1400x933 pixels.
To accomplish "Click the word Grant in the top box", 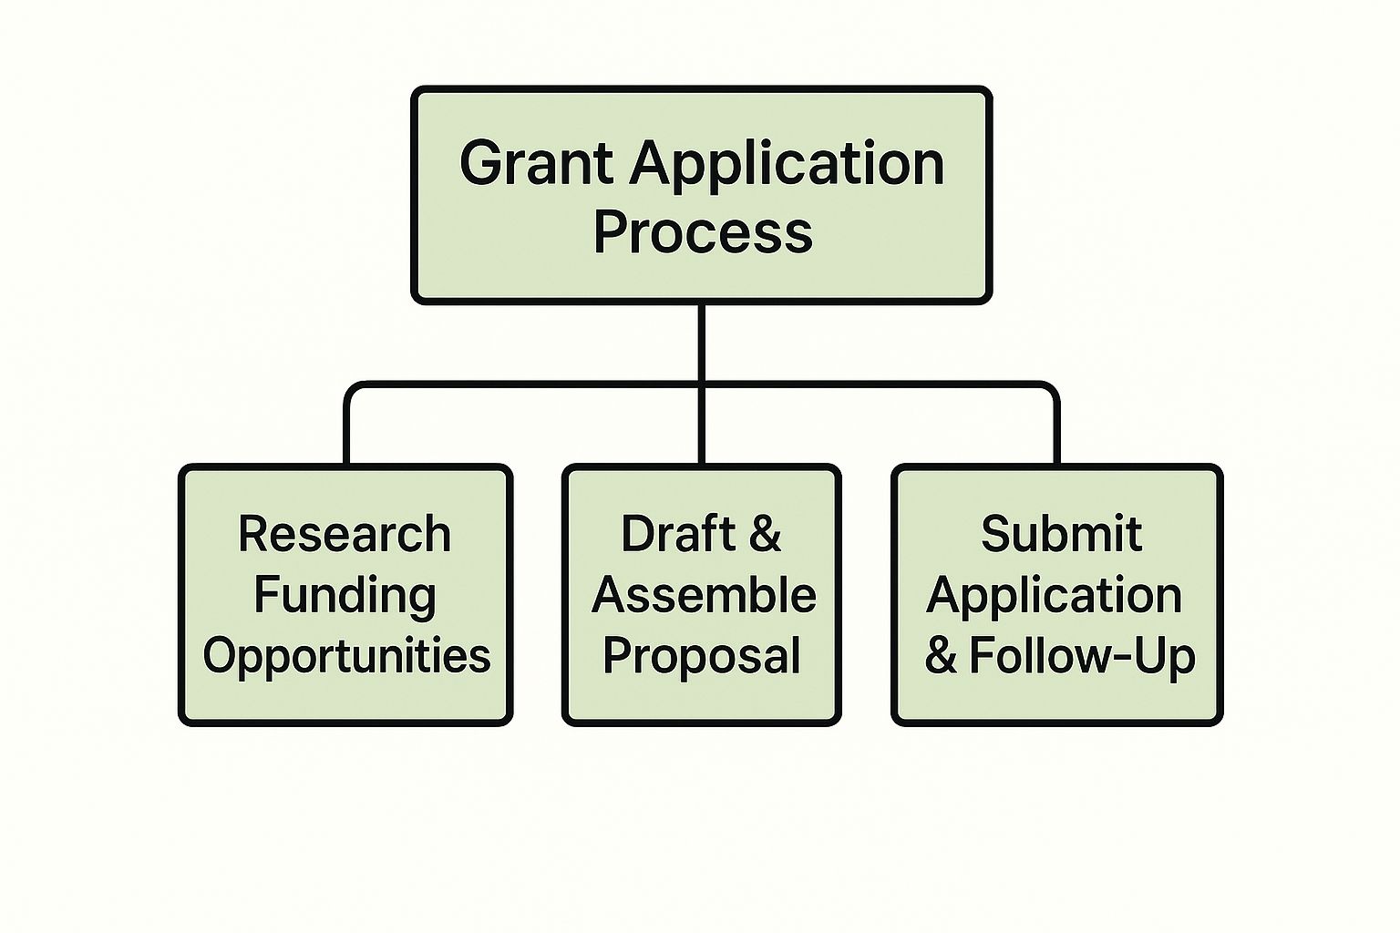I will (x=536, y=164).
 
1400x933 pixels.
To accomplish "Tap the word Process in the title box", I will (x=702, y=231).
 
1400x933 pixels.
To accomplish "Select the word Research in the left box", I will (x=345, y=534).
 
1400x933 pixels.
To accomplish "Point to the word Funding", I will (x=345, y=595).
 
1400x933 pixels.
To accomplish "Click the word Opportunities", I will (x=346, y=656).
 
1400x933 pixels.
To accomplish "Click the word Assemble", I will (x=703, y=595).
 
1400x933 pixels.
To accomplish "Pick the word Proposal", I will (x=702, y=656).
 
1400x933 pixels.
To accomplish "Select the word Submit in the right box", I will (x=1061, y=534).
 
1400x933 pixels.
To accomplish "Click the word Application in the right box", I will (x=1055, y=595).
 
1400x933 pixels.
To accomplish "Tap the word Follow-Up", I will (x=1082, y=656).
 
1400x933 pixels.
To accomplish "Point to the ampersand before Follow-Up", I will (x=941, y=656).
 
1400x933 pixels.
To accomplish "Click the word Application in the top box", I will (x=787, y=164).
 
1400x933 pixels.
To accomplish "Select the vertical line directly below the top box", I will (x=701, y=342).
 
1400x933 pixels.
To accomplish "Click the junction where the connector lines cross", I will (x=701, y=385).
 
